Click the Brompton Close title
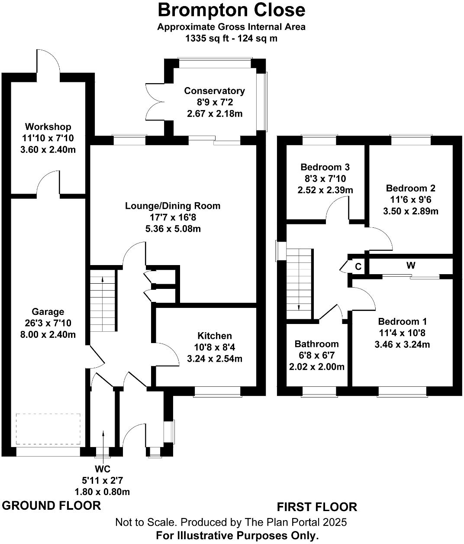point(232,10)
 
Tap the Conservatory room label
point(214,91)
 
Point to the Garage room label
point(48,311)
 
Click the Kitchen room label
point(214,336)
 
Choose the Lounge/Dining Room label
point(173,206)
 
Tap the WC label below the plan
point(102,469)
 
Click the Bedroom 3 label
point(325,167)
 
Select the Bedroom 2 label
point(410,188)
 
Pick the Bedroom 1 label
point(402,321)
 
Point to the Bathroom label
point(316,344)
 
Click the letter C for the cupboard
point(358,267)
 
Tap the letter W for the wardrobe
point(410,265)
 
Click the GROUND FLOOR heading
point(52,505)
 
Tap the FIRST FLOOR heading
point(317,507)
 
